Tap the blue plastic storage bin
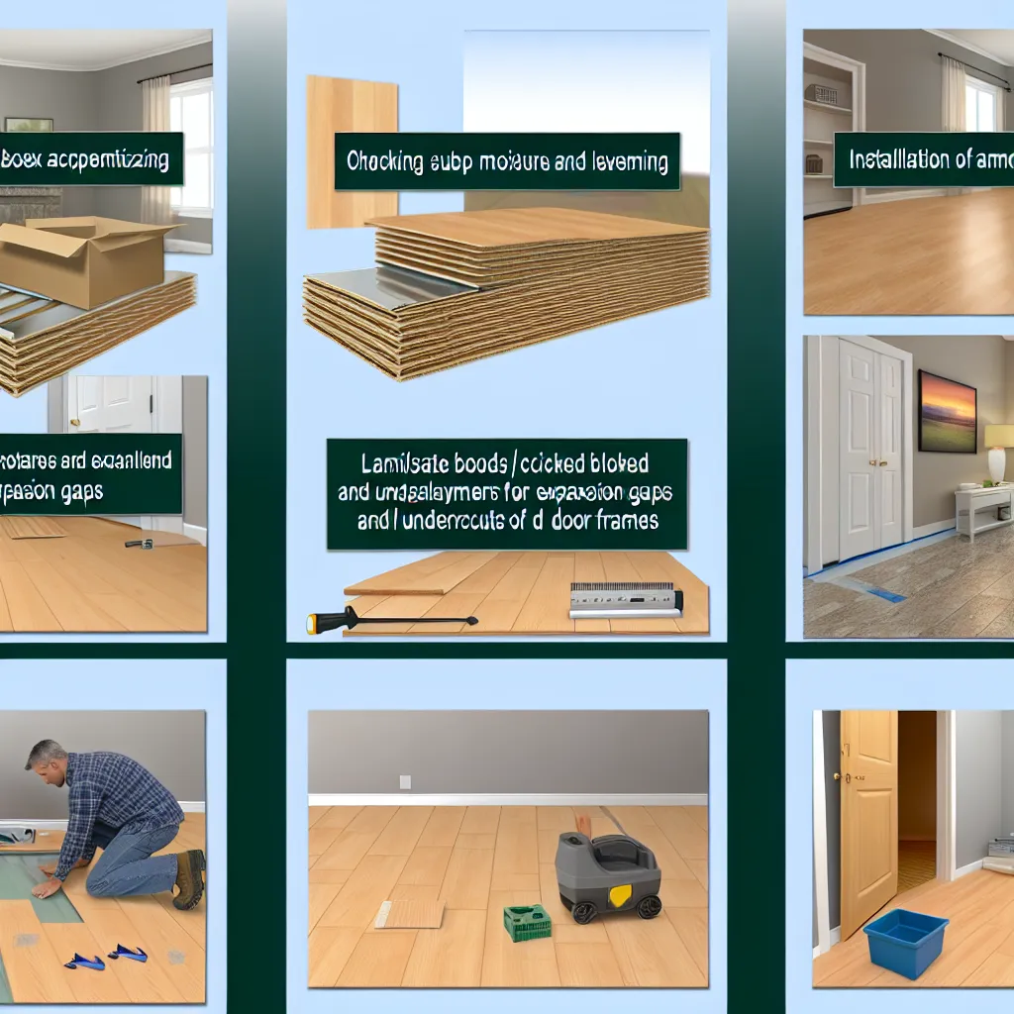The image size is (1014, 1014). point(905,942)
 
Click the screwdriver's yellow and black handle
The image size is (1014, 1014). point(328,623)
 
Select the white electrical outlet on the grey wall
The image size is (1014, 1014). point(405,781)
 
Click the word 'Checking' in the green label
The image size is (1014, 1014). point(381,161)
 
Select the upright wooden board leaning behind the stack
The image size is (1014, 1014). point(352,149)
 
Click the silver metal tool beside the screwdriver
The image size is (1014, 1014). point(625,599)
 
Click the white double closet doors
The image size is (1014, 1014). point(870,450)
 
